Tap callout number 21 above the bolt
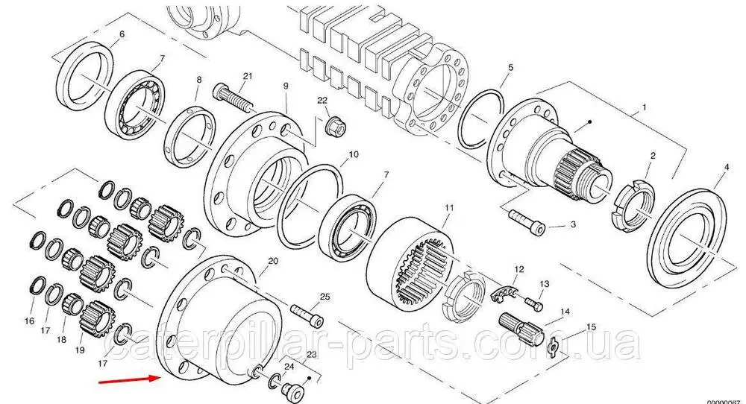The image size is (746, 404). click(x=248, y=76)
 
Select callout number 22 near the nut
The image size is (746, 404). click(x=322, y=101)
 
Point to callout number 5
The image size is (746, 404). click(x=510, y=68)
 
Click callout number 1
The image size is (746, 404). click(x=645, y=108)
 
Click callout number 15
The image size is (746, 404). click(x=591, y=326)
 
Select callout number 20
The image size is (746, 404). click(x=272, y=261)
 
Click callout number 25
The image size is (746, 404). click(x=325, y=297)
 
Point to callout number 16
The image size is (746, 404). click(x=29, y=321)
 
